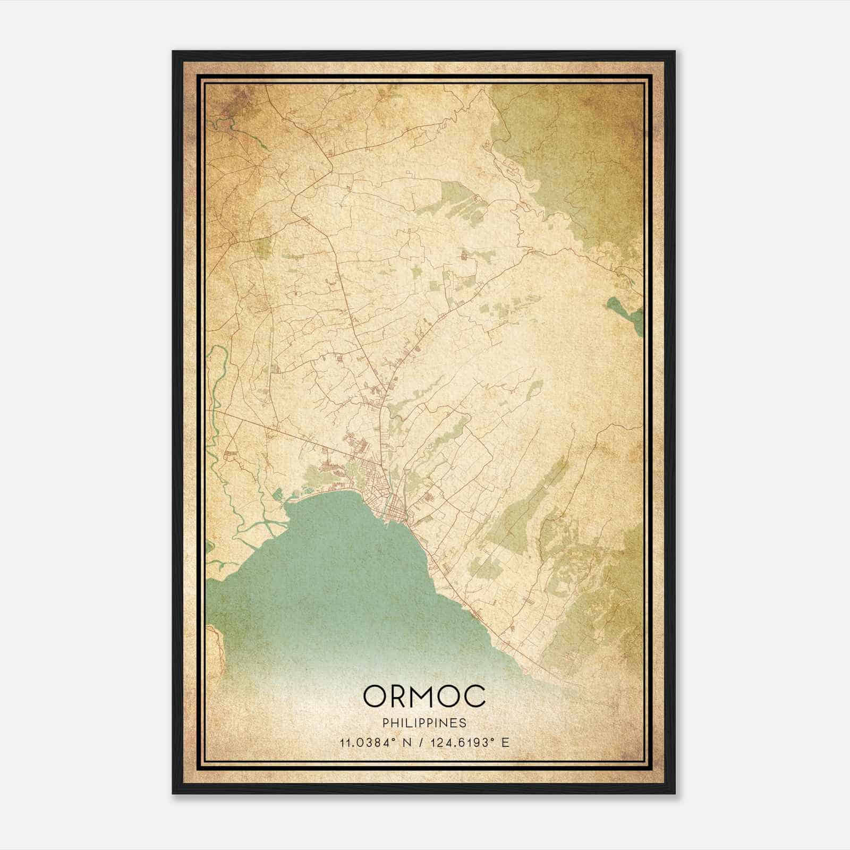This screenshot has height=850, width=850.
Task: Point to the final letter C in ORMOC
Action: (476, 696)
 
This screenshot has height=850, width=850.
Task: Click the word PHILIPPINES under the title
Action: (424, 723)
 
